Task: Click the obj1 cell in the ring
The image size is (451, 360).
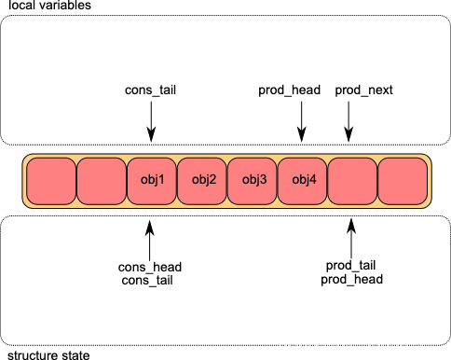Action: tap(152, 181)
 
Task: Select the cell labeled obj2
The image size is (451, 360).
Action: tap(202, 181)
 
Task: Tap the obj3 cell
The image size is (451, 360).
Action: tap(253, 181)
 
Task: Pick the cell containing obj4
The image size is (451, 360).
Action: tap(303, 181)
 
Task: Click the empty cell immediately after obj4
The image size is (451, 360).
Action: tap(352, 181)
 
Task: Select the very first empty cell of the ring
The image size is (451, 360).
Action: tap(51, 181)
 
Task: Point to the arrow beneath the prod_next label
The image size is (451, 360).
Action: tap(348, 122)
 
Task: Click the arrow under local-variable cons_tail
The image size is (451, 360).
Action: tap(151, 122)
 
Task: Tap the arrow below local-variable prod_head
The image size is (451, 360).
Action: tap(301, 122)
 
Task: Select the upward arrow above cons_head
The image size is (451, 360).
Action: tap(150, 241)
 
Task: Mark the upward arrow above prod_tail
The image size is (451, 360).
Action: tap(351, 239)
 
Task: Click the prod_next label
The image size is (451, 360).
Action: tap(363, 90)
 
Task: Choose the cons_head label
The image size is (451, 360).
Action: tap(150, 267)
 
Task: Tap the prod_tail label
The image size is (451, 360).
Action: tap(350, 266)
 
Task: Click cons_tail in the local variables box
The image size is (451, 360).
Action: tap(150, 90)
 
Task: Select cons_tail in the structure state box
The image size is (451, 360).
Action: tap(147, 281)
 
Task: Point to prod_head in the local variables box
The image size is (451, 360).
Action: tap(290, 90)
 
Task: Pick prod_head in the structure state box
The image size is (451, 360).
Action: tap(351, 279)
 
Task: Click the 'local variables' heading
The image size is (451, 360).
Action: tap(49, 5)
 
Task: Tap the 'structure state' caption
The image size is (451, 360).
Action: tap(48, 355)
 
